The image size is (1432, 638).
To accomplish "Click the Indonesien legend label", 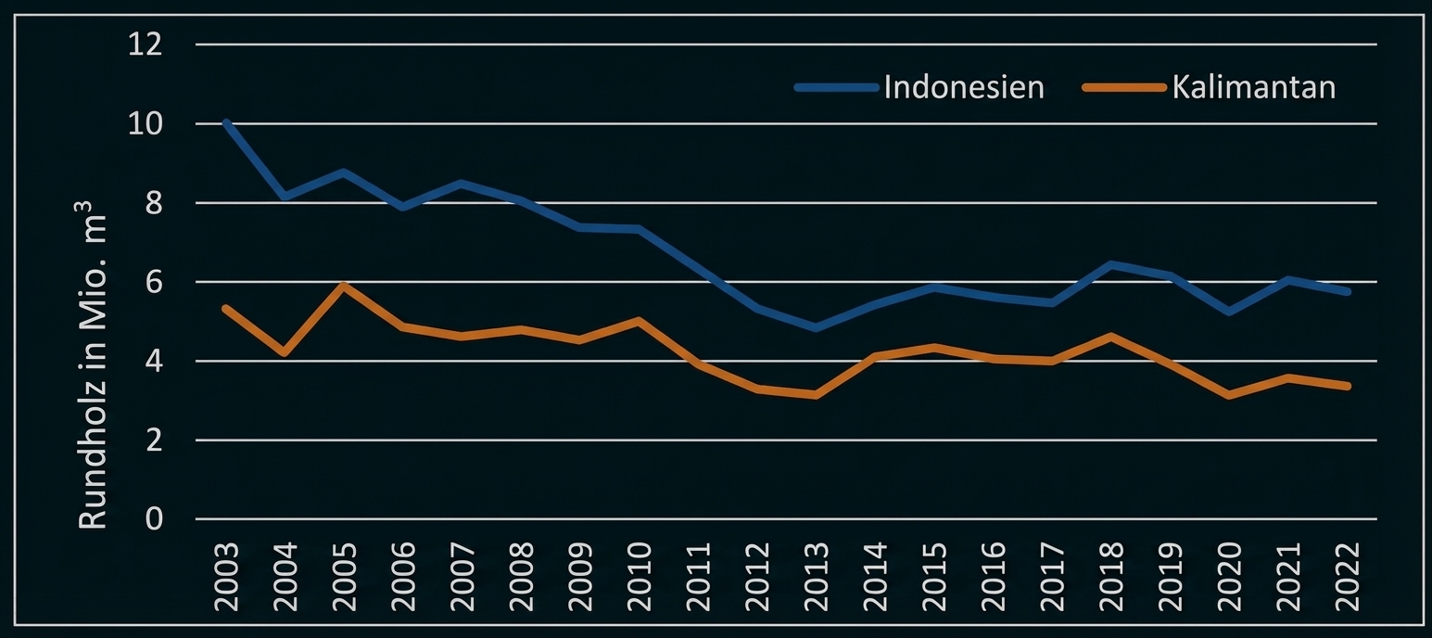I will point(964,87).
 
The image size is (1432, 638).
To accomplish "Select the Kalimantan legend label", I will point(1253,87).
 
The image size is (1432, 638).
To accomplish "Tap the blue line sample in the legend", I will point(836,88).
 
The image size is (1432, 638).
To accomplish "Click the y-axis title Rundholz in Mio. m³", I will point(93,372).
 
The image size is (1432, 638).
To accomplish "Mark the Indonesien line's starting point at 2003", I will point(226,122).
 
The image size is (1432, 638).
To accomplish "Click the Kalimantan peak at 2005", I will point(344,286).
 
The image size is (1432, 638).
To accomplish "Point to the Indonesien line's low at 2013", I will point(816,328).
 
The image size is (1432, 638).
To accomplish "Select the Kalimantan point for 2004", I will point(285,353).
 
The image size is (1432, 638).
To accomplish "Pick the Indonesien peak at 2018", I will point(1110,264).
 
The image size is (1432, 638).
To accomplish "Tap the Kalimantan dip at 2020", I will point(1228,395).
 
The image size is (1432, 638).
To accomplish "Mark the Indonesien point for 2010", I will point(639,229).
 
